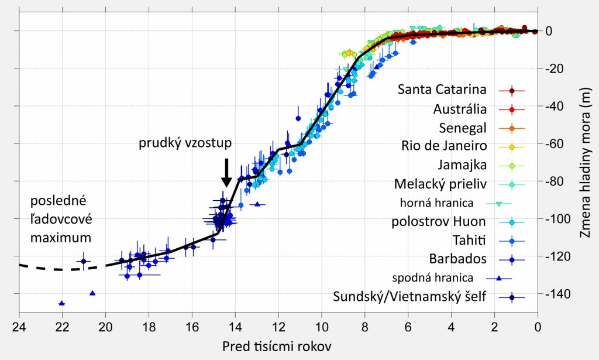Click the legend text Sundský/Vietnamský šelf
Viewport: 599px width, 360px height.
click(409, 297)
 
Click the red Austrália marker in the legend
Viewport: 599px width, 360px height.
click(511, 109)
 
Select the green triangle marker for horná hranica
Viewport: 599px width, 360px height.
click(498, 204)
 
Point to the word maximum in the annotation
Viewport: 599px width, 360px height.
click(61, 238)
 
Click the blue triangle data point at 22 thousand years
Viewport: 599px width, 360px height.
click(62, 303)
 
